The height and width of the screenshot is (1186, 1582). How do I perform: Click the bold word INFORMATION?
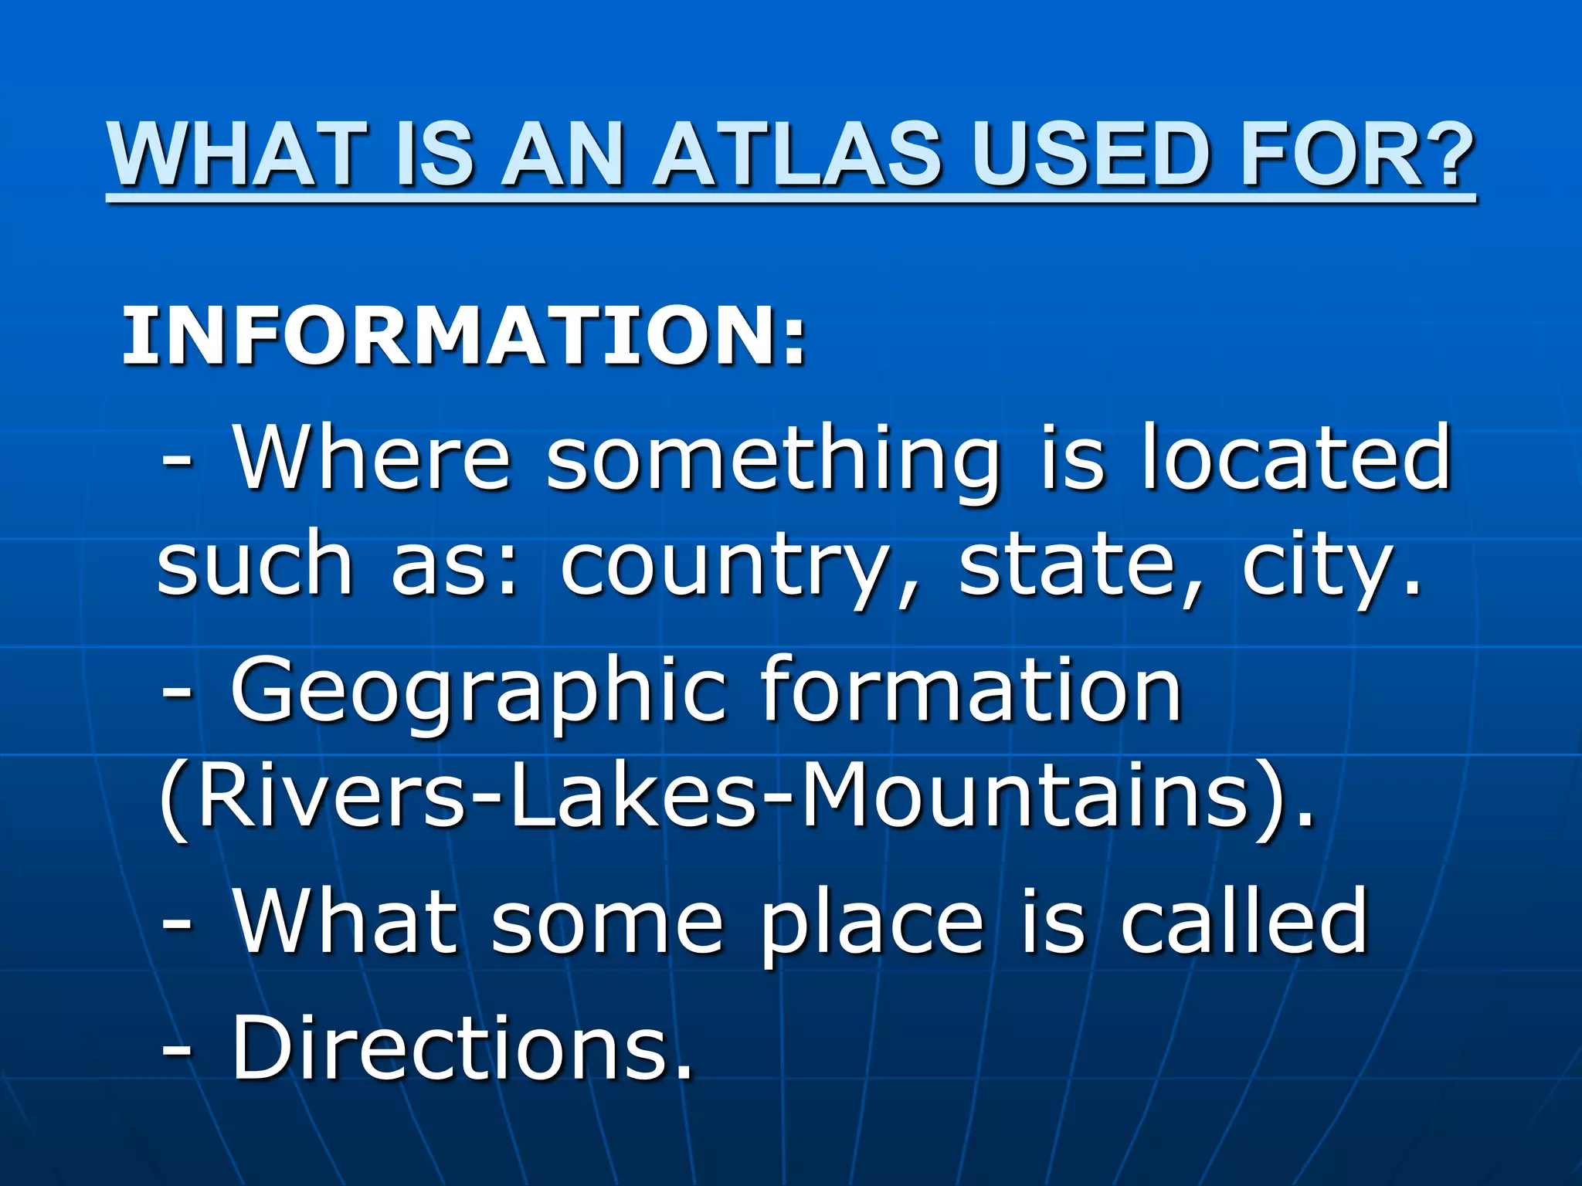[x=463, y=336]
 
